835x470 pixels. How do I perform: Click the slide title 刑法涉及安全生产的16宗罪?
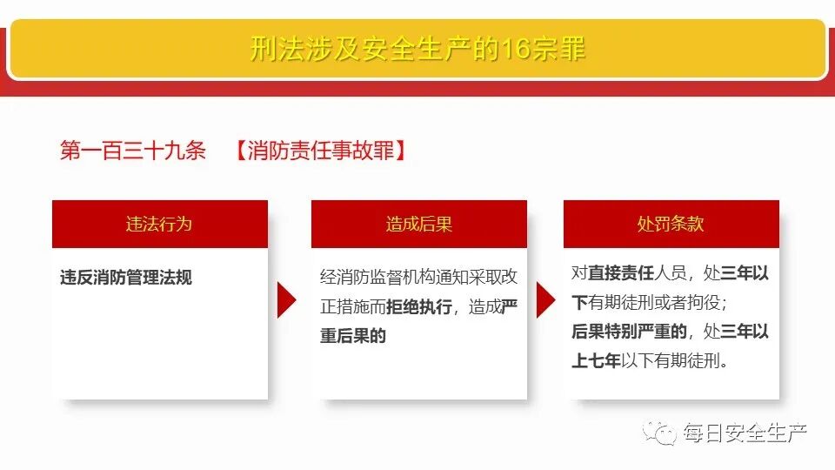click(x=417, y=49)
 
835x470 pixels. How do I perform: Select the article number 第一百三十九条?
click(x=132, y=151)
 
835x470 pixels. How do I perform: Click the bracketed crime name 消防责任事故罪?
click(x=320, y=151)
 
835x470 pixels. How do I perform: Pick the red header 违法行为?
click(x=159, y=224)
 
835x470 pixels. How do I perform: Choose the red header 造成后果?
click(x=419, y=224)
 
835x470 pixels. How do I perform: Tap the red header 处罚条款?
click(x=671, y=224)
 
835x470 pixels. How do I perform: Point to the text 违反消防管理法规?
click(x=126, y=278)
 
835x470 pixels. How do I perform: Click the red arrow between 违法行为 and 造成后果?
click(x=286, y=300)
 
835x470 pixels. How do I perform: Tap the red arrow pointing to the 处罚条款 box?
click(x=544, y=300)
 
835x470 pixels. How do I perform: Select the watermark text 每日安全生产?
click(x=745, y=432)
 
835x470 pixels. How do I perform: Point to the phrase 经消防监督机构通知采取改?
click(x=419, y=278)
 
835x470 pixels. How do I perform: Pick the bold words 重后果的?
click(x=353, y=336)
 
